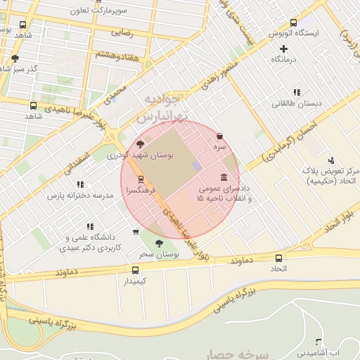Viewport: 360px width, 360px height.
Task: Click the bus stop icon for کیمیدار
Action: (x=136, y=269)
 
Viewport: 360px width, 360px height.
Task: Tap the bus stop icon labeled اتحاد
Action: (x=279, y=257)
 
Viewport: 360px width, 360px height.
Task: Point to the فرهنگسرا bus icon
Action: (x=141, y=179)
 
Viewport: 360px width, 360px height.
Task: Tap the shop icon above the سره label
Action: (x=220, y=136)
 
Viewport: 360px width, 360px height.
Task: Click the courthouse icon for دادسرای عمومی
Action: (x=224, y=176)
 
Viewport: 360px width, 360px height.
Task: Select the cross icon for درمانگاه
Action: (x=283, y=49)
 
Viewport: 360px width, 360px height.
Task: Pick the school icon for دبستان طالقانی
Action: (x=296, y=91)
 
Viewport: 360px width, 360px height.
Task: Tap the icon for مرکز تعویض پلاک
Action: (x=314, y=159)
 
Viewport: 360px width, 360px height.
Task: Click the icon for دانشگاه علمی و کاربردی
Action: (x=89, y=226)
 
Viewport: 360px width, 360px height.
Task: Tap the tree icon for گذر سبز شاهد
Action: (x=15, y=58)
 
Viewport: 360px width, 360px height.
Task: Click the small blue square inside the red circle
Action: (x=197, y=165)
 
